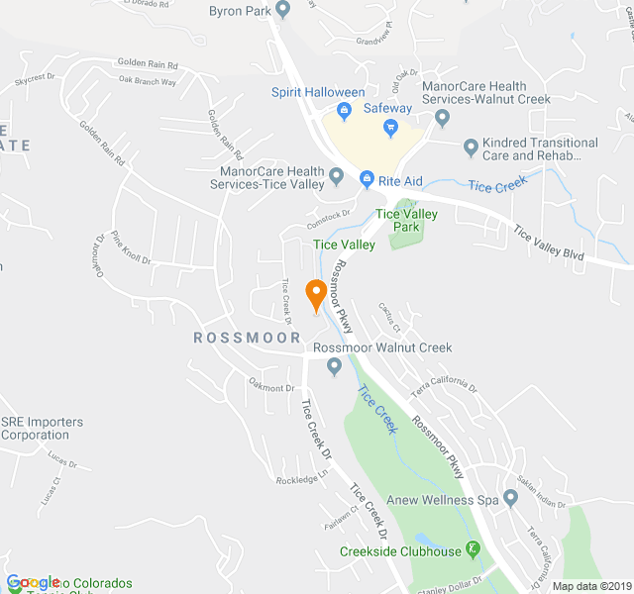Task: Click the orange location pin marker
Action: tap(316, 294)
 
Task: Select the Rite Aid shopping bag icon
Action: tap(367, 179)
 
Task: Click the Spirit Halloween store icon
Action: tap(344, 111)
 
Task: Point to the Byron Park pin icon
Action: tap(282, 11)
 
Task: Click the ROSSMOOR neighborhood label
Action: tap(246, 338)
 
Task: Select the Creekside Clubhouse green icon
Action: tap(474, 549)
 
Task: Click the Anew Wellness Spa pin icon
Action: tap(510, 498)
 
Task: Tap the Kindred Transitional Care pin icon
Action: tap(472, 148)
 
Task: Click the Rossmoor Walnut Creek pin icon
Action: tap(334, 366)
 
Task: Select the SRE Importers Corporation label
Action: tap(42, 429)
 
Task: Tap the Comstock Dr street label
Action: tap(329, 212)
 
